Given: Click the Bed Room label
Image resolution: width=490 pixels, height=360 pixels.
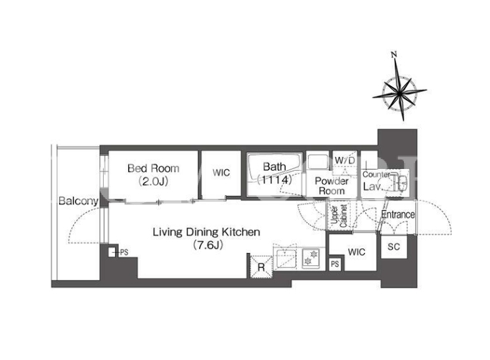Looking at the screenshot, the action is coord(154,168).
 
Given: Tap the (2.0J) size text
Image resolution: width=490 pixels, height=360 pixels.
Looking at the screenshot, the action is coord(154,181).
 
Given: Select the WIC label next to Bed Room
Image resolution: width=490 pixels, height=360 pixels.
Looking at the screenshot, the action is coord(221,173).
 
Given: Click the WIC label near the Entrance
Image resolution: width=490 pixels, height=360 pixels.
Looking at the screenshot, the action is coord(356,252).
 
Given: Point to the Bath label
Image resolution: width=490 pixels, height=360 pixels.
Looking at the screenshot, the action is coord(275,167).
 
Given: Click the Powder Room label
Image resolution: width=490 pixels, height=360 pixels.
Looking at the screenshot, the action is coord(332,186).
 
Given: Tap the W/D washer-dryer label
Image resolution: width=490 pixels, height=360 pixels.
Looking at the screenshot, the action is coord(345,161).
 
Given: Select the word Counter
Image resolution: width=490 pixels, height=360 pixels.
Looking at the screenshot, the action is coord(376,175).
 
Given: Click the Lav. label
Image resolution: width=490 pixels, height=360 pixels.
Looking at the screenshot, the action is coord(372,187).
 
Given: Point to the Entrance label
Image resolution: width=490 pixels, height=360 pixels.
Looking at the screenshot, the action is coord(398,215).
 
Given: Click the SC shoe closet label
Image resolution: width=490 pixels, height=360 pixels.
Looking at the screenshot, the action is coord(393,247).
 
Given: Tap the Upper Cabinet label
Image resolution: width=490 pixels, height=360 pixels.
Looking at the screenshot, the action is coord(339,216).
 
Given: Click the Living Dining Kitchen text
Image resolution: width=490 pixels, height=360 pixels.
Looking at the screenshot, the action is coord(206,232).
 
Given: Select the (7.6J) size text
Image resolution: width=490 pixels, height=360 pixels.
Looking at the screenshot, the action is coord(208,245).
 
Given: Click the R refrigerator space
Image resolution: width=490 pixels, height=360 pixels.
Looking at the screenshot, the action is coord(261,267).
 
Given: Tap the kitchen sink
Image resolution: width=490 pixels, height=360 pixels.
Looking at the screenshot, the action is coord(286,259).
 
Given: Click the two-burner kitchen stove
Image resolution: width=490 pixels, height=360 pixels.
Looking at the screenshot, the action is coord(311,259).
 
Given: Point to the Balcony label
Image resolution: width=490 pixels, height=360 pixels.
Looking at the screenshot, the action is coord(78,201).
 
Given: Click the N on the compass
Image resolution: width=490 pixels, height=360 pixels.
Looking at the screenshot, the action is coord(394,55).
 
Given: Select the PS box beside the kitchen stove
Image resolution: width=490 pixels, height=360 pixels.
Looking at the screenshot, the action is coord(335,264).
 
